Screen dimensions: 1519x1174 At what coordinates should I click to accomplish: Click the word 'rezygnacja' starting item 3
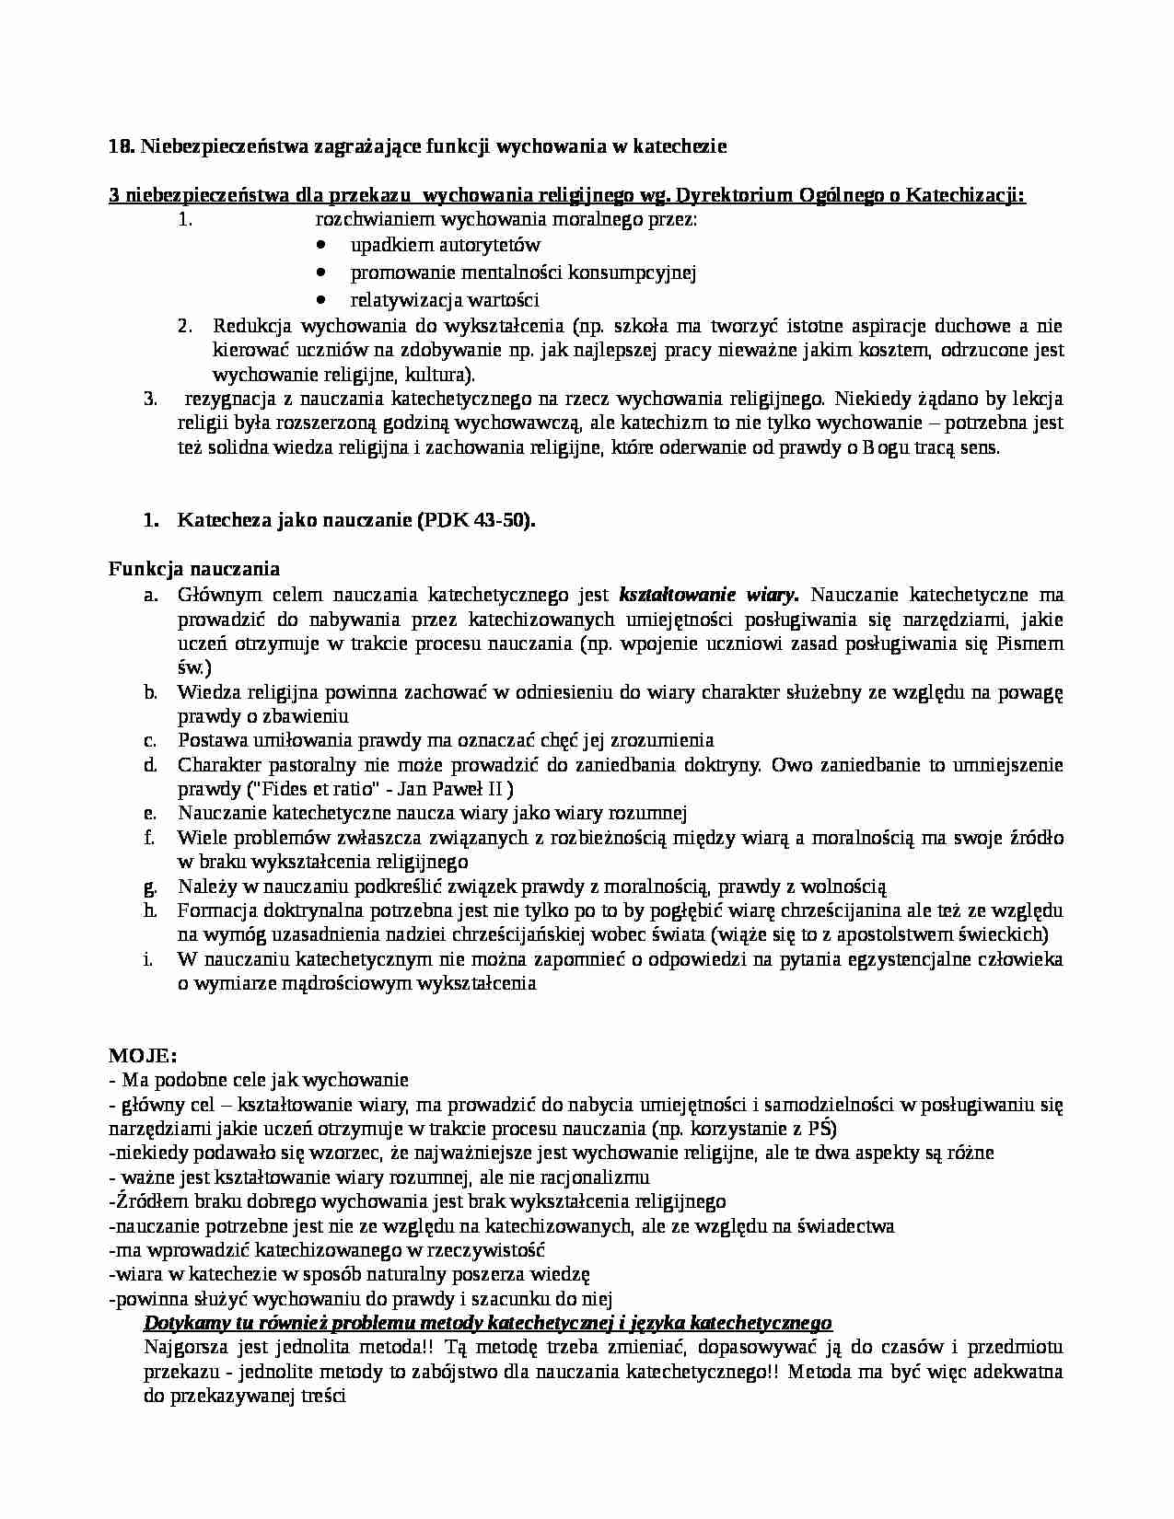point(227,400)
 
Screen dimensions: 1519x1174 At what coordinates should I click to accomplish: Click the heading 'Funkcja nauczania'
point(194,569)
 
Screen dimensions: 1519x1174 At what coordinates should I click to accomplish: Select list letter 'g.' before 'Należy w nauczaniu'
point(150,887)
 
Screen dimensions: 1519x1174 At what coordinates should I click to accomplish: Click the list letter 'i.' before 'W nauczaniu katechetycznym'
point(148,960)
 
